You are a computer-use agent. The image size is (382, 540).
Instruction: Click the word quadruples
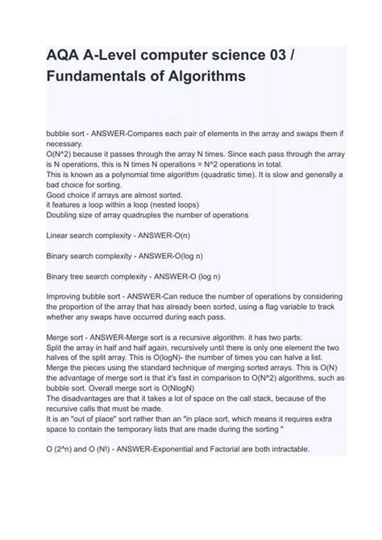[158, 215]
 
